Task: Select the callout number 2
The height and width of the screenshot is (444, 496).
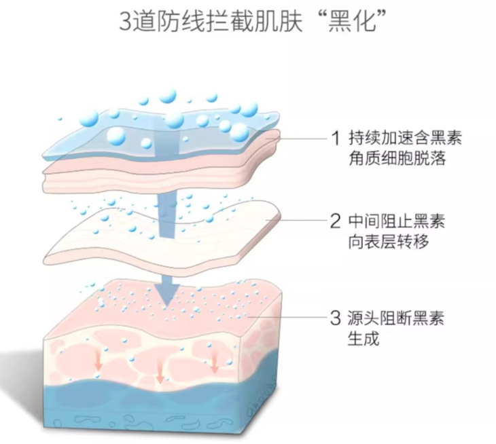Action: click(x=334, y=221)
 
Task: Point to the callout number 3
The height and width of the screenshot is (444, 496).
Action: click(x=334, y=317)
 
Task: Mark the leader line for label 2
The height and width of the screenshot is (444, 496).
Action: click(x=302, y=221)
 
